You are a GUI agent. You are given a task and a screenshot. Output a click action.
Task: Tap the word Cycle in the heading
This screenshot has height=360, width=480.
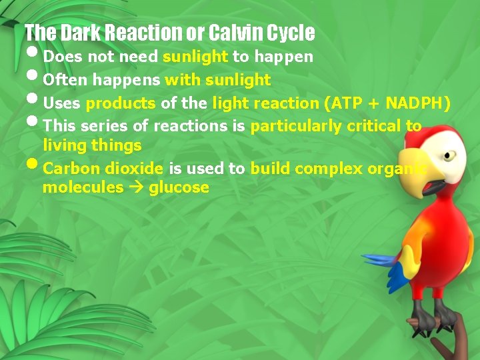[x=291, y=32]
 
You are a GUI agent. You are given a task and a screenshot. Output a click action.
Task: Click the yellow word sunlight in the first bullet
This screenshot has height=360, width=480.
[x=195, y=57]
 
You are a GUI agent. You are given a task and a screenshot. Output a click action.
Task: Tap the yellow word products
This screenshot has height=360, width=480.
[x=121, y=103]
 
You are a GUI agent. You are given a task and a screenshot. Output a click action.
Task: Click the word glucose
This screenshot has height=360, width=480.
[x=179, y=187]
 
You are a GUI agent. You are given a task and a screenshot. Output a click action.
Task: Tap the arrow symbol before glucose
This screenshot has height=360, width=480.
[x=137, y=187]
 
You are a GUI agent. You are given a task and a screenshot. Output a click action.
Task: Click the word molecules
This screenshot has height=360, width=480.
[x=83, y=187]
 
